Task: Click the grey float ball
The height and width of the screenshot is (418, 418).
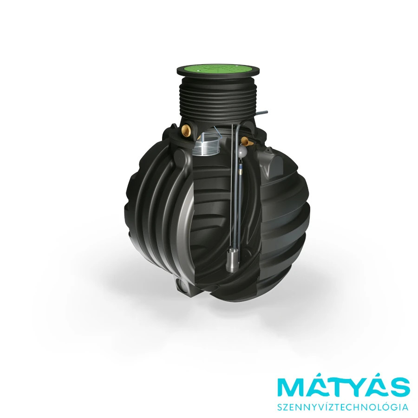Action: (x=242, y=152)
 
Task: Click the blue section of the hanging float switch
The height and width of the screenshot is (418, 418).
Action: (x=241, y=168)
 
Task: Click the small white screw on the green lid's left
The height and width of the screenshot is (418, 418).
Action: (x=198, y=70)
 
